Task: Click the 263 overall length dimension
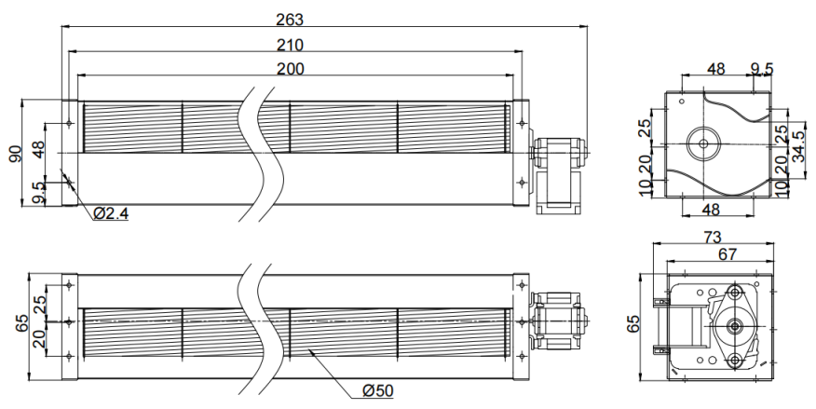click(290, 20)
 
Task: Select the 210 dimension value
click(290, 46)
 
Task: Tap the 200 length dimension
click(291, 69)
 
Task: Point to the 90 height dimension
click(16, 154)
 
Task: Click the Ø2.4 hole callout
click(111, 213)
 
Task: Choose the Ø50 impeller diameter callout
click(378, 390)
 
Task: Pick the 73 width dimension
click(713, 238)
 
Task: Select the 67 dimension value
click(728, 254)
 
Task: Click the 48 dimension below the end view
click(711, 210)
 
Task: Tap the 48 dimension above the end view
click(716, 69)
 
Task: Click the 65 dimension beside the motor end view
click(632, 323)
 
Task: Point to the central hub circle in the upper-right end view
click(703, 143)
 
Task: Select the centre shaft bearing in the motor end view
click(735, 326)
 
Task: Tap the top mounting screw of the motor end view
click(735, 292)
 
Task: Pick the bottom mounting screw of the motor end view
click(735, 360)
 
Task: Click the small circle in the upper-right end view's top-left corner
click(682, 101)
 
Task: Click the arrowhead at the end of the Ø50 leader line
click(310, 352)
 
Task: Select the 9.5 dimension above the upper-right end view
click(762, 69)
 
